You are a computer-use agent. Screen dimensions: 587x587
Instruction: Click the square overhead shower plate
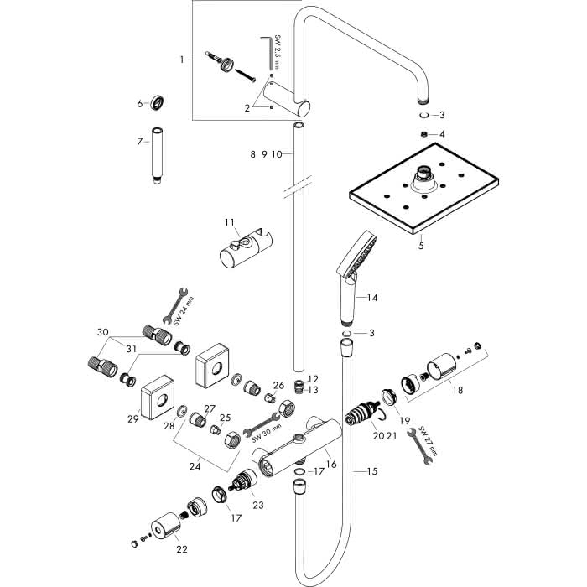[x=423, y=189]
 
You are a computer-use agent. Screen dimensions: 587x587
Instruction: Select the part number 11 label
[x=230, y=223]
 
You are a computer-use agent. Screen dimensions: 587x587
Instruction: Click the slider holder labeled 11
[x=246, y=248]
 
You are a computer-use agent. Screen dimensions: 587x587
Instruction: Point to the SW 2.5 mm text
[x=277, y=52]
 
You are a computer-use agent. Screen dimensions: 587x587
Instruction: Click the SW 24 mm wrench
[x=175, y=305]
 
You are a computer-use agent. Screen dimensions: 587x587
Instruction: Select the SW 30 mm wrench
[x=262, y=425]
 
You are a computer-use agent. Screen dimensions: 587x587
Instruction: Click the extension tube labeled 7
[x=157, y=156]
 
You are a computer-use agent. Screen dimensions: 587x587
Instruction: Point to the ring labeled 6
[x=158, y=103]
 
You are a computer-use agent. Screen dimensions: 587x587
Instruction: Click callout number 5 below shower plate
[x=421, y=246]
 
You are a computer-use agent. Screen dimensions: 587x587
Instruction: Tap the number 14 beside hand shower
[x=372, y=298]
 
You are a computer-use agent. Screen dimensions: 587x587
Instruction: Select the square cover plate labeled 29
[x=158, y=397]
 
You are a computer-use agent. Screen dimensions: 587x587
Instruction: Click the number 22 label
[x=182, y=549]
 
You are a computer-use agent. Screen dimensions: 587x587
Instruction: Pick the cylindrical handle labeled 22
[x=166, y=526]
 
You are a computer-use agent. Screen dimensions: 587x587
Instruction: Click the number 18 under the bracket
[x=458, y=390]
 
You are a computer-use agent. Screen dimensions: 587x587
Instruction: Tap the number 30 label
[x=103, y=332]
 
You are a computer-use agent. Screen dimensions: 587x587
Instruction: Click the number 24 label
[x=195, y=466]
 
